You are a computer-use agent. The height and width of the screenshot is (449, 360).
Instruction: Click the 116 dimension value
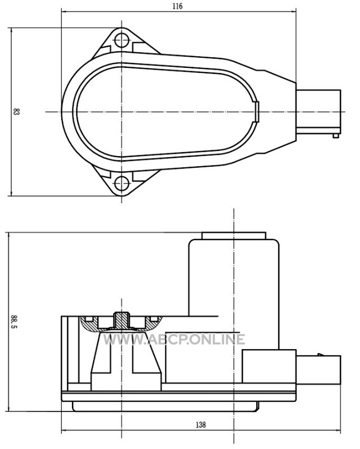click(177, 6)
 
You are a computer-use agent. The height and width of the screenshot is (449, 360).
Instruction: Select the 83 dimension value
click(16, 111)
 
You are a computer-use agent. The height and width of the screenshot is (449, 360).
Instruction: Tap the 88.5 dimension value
click(13, 322)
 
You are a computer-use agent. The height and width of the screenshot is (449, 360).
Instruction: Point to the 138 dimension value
click(200, 424)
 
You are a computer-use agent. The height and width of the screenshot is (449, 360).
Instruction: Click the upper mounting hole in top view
click(121, 40)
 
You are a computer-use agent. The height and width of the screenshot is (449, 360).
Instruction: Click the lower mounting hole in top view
click(121, 183)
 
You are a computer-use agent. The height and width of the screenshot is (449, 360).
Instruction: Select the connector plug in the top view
click(318, 112)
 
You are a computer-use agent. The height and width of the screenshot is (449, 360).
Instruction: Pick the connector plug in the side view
click(318, 370)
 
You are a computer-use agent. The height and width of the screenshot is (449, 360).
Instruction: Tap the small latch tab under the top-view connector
click(336, 136)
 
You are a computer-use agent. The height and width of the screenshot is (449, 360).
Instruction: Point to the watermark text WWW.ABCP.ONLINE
click(174, 340)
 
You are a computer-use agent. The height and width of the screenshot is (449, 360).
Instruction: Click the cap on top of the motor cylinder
click(234, 236)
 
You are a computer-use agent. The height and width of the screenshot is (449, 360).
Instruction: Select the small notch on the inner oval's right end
click(257, 112)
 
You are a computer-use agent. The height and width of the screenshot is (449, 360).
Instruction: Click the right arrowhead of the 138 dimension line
click(338, 430)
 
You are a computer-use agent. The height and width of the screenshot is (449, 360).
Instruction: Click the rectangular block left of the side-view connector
click(269, 366)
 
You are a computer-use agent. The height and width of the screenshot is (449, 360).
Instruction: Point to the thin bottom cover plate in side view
click(166, 406)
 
